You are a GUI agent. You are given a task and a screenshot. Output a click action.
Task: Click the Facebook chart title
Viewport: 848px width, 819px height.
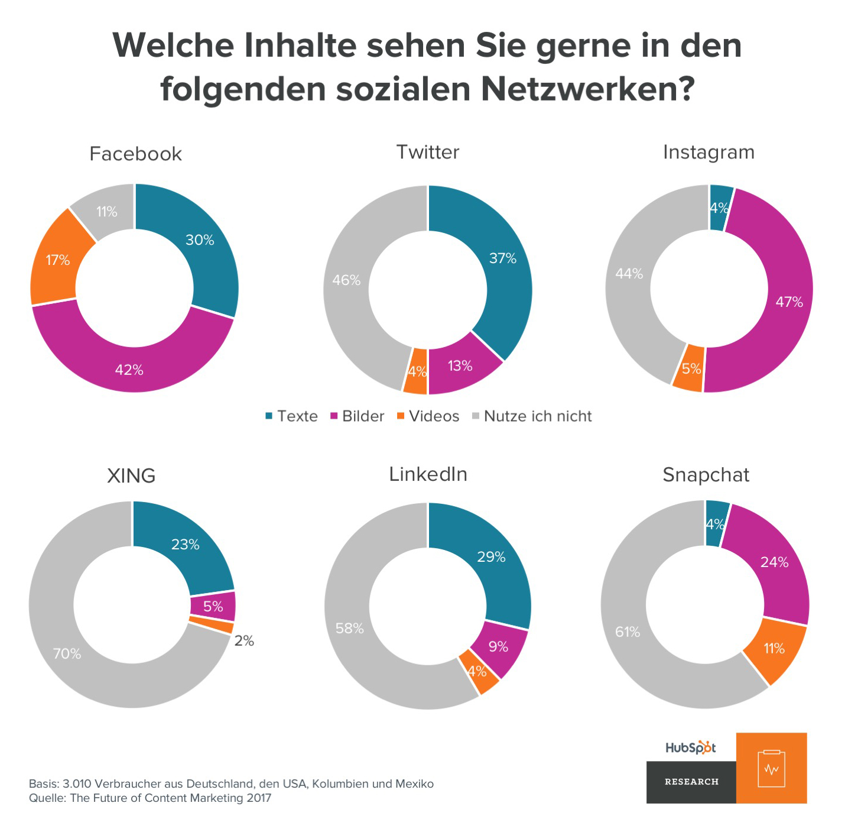tap(135, 154)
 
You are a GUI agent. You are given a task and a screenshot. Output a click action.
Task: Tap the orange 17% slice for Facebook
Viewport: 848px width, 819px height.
tap(58, 260)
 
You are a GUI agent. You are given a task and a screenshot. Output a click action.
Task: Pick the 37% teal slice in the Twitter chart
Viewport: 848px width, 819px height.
tap(502, 258)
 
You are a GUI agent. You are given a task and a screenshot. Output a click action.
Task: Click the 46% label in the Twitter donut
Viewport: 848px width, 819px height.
tap(346, 280)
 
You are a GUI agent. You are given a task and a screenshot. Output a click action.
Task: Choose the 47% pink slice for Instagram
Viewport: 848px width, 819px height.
tap(789, 302)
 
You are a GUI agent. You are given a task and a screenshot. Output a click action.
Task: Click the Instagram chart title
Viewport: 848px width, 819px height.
tap(709, 152)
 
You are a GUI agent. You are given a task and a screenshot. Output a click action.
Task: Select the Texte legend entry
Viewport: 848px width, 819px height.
tap(291, 416)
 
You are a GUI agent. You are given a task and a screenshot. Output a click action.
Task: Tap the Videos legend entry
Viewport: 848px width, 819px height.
tap(428, 416)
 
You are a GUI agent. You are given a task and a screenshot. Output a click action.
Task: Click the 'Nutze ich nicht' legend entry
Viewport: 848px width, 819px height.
tap(532, 416)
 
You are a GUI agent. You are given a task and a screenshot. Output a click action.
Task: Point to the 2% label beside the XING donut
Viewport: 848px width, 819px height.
tap(244, 640)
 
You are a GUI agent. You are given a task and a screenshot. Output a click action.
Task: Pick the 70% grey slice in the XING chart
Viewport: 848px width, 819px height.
tap(67, 653)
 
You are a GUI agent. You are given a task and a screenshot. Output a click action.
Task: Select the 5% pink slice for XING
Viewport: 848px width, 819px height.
tap(213, 606)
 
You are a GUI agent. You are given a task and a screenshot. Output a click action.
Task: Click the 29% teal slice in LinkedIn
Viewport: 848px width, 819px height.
tap(491, 556)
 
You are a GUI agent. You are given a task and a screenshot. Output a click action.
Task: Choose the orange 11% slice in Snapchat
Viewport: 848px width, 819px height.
tap(774, 649)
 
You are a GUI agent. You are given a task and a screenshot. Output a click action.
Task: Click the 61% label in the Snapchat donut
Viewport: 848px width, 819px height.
tap(628, 632)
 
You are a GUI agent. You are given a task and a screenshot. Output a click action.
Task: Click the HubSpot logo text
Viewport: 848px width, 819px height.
tap(690, 747)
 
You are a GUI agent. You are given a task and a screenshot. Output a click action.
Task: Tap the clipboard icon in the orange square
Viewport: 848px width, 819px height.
tap(771, 768)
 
